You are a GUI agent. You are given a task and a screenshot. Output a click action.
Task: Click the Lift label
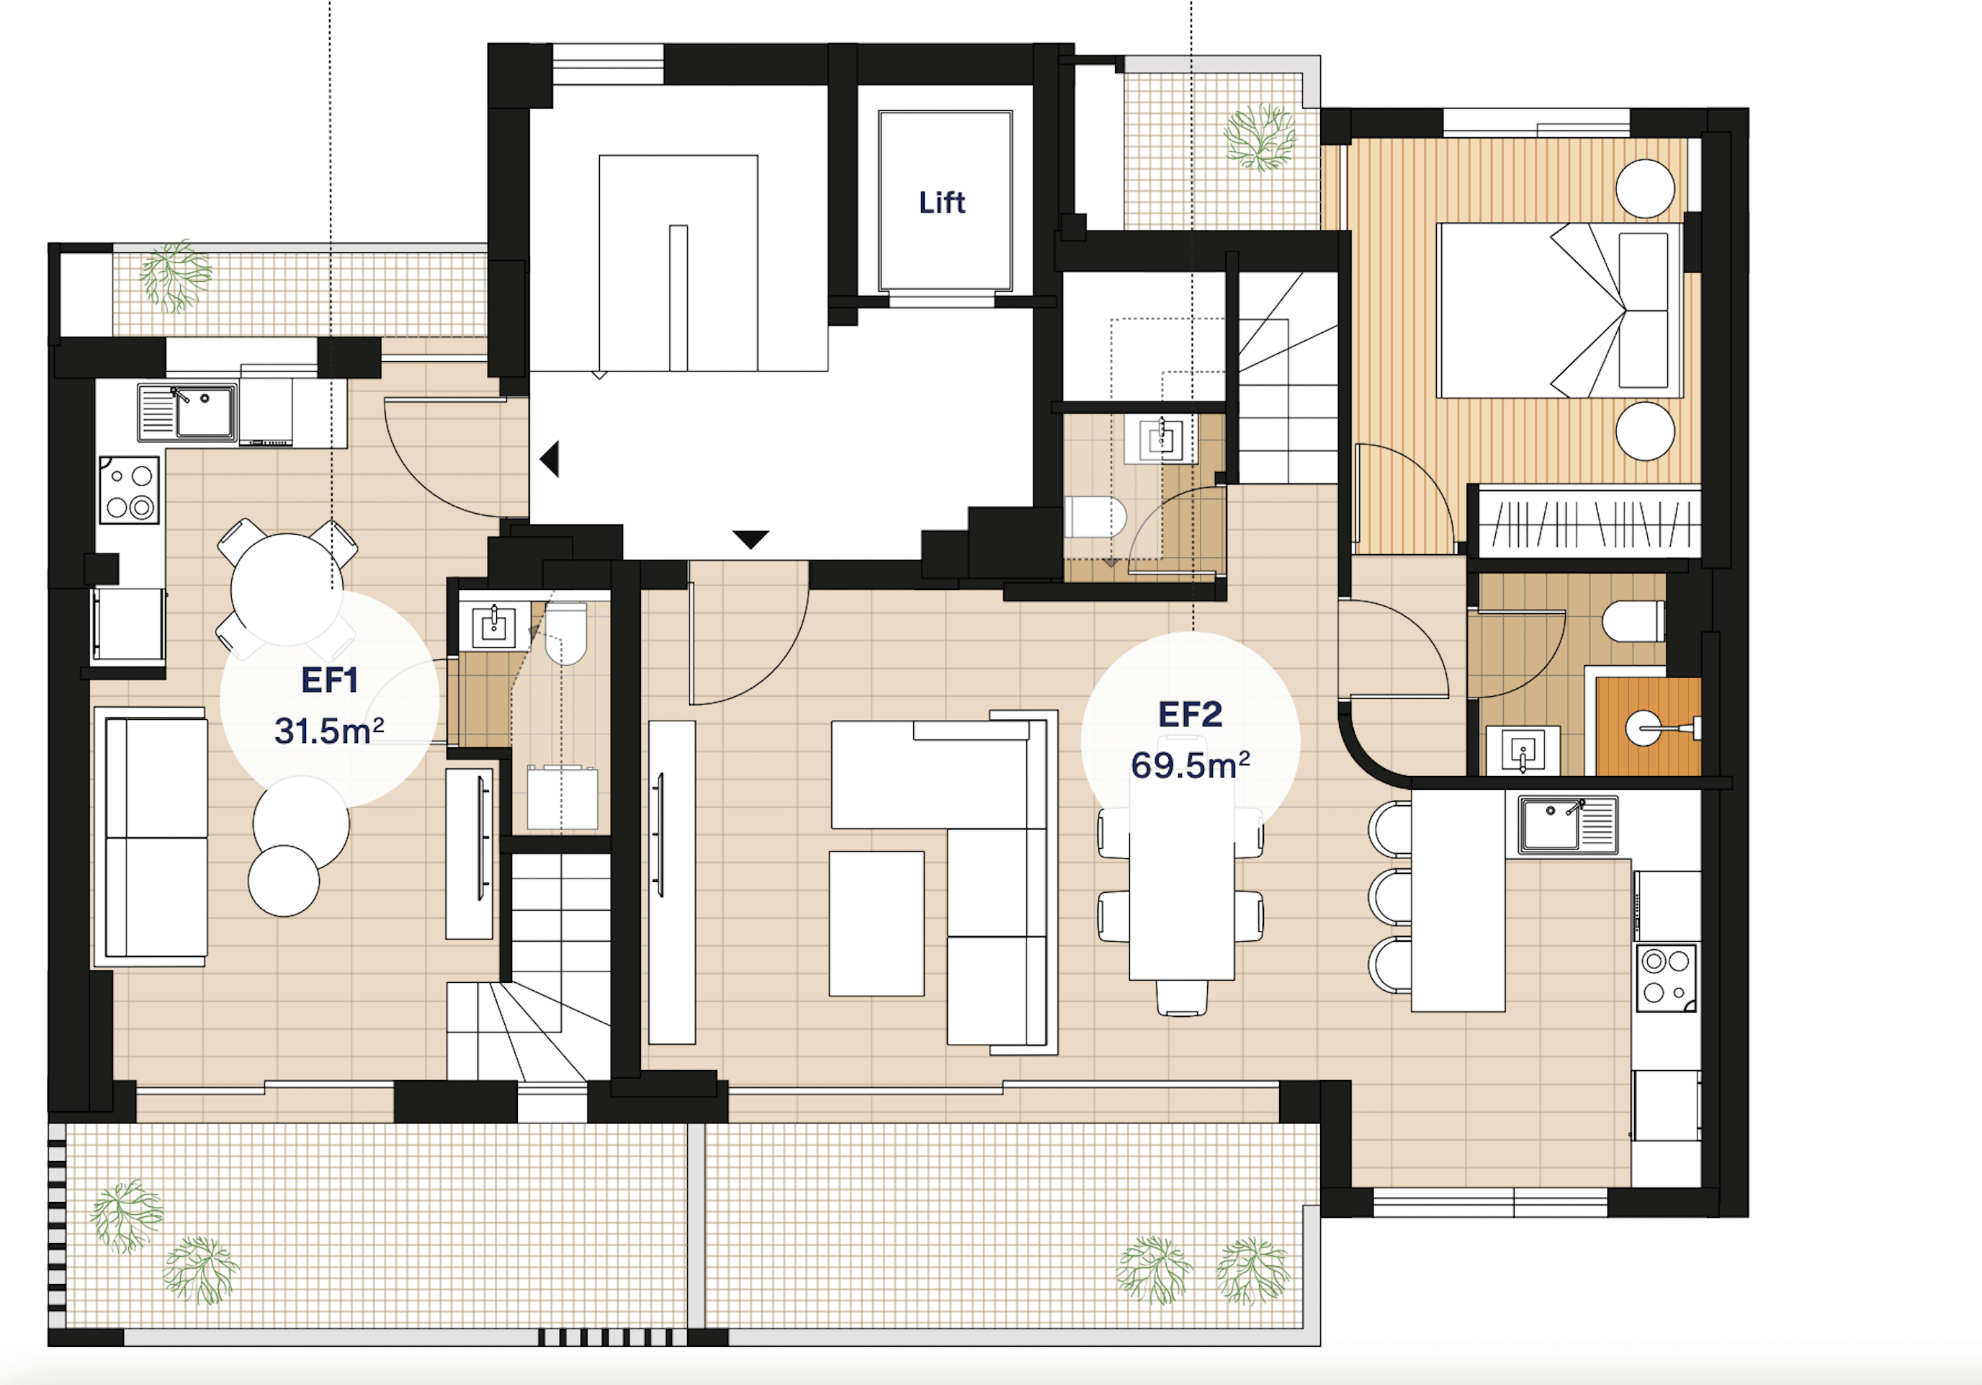[x=942, y=202]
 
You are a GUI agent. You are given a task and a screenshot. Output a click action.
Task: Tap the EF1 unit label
[x=329, y=680]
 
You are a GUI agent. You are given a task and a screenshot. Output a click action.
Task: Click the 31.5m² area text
[x=329, y=731]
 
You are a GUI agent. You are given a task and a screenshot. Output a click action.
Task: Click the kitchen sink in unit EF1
[x=205, y=414]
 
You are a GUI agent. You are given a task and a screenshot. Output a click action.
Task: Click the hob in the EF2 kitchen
[x=1666, y=976]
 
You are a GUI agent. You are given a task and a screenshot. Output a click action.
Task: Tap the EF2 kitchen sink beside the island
[x=1551, y=823]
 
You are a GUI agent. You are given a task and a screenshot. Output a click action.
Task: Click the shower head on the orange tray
[x=1642, y=728]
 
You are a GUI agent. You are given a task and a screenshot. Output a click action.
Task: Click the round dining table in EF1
[x=287, y=589]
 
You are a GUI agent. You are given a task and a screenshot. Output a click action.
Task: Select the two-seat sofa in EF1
[x=156, y=837]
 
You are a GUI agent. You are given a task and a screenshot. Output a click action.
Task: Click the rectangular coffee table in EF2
[x=876, y=923]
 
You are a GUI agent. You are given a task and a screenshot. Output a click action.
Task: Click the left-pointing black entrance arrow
[x=550, y=458]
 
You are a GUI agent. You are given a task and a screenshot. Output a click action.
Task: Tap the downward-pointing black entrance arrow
[x=750, y=539]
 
